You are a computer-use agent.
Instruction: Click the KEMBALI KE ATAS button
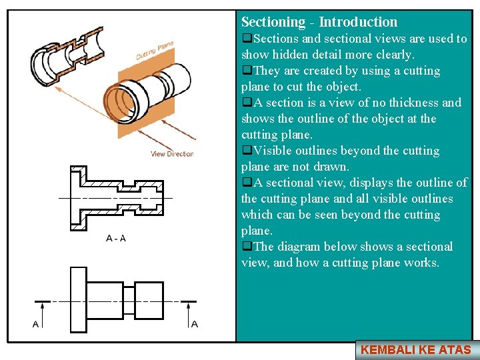click(416, 349)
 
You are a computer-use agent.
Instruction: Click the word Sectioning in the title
click(271, 22)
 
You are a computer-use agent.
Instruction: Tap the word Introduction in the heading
click(358, 22)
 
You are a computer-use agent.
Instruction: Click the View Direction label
click(172, 154)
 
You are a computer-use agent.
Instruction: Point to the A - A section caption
click(115, 239)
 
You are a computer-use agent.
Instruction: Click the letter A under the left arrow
click(35, 324)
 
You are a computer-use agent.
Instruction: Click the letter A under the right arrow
click(194, 324)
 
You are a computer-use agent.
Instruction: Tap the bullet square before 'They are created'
click(246, 71)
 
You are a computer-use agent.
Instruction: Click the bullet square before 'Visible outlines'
click(246, 151)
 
